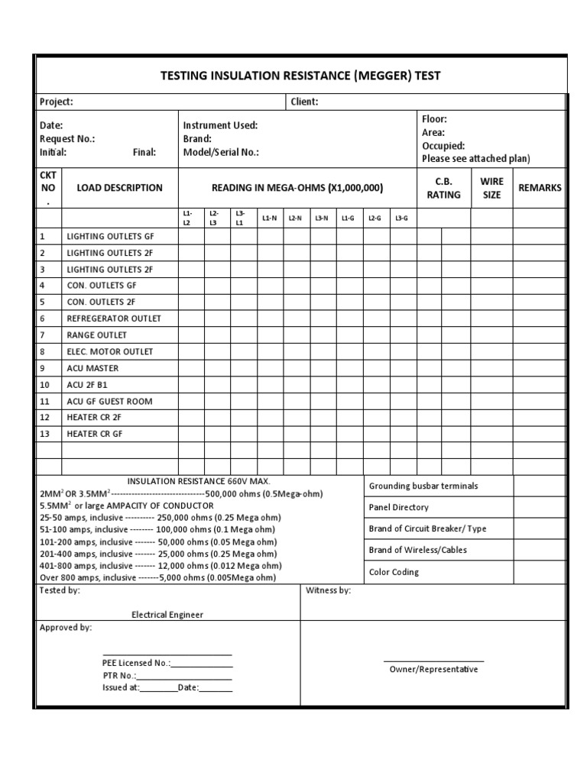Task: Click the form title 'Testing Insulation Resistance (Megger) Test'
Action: coord(300,76)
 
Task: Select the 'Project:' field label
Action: coord(57,102)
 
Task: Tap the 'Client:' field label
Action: coord(304,102)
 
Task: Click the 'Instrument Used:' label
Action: coord(220,125)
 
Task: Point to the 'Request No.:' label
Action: coord(67,139)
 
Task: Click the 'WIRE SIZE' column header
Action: coord(491,188)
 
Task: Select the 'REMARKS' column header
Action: coord(540,188)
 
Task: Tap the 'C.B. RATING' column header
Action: coord(443,188)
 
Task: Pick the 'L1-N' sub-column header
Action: coord(269,218)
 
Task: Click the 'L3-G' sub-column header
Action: coord(401,218)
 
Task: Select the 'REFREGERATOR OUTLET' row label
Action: coord(114,318)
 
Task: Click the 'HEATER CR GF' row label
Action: coord(95,434)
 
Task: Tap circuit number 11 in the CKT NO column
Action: coord(44,401)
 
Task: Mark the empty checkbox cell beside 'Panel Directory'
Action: coord(540,507)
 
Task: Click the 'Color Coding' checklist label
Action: coord(394,572)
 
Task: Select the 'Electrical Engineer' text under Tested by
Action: coord(167,614)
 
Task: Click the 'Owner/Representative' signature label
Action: coord(433,669)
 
